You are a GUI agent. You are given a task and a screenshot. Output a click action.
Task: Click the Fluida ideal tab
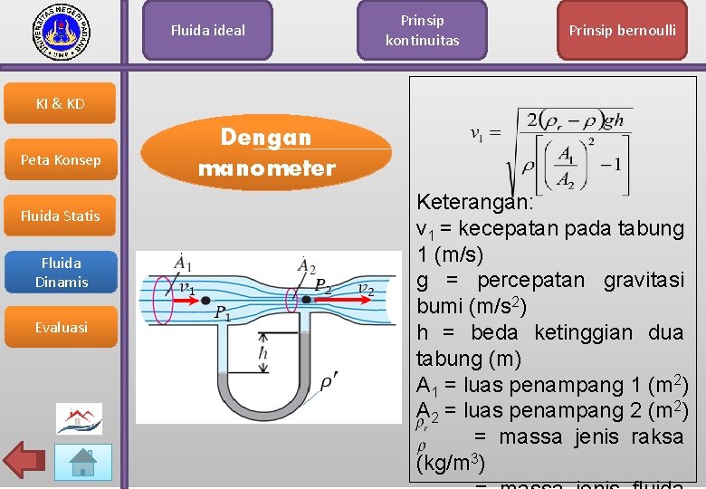(x=207, y=31)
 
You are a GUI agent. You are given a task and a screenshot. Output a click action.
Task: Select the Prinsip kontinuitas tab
(x=422, y=31)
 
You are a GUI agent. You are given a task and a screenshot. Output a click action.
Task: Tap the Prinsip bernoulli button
(x=622, y=31)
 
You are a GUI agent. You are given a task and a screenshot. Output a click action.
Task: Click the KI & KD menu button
(x=61, y=103)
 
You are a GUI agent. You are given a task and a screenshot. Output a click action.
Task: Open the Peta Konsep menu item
(x=61, y=160)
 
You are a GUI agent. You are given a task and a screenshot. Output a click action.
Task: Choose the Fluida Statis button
(x=61, y=216)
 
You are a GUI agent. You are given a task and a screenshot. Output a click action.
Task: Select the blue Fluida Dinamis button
(x=61, y=273)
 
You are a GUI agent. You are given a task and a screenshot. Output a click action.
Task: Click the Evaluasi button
(x=61, y=328)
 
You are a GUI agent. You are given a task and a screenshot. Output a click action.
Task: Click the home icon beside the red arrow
(x=84, y=462)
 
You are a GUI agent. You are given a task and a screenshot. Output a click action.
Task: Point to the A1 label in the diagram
(x=183, y=264)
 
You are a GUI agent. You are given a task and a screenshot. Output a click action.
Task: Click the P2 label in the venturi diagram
(x=322, y=286)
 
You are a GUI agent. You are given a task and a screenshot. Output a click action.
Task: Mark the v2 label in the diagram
(x=367, y=289)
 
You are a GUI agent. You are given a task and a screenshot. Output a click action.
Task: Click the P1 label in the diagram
(x=222, y=313)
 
